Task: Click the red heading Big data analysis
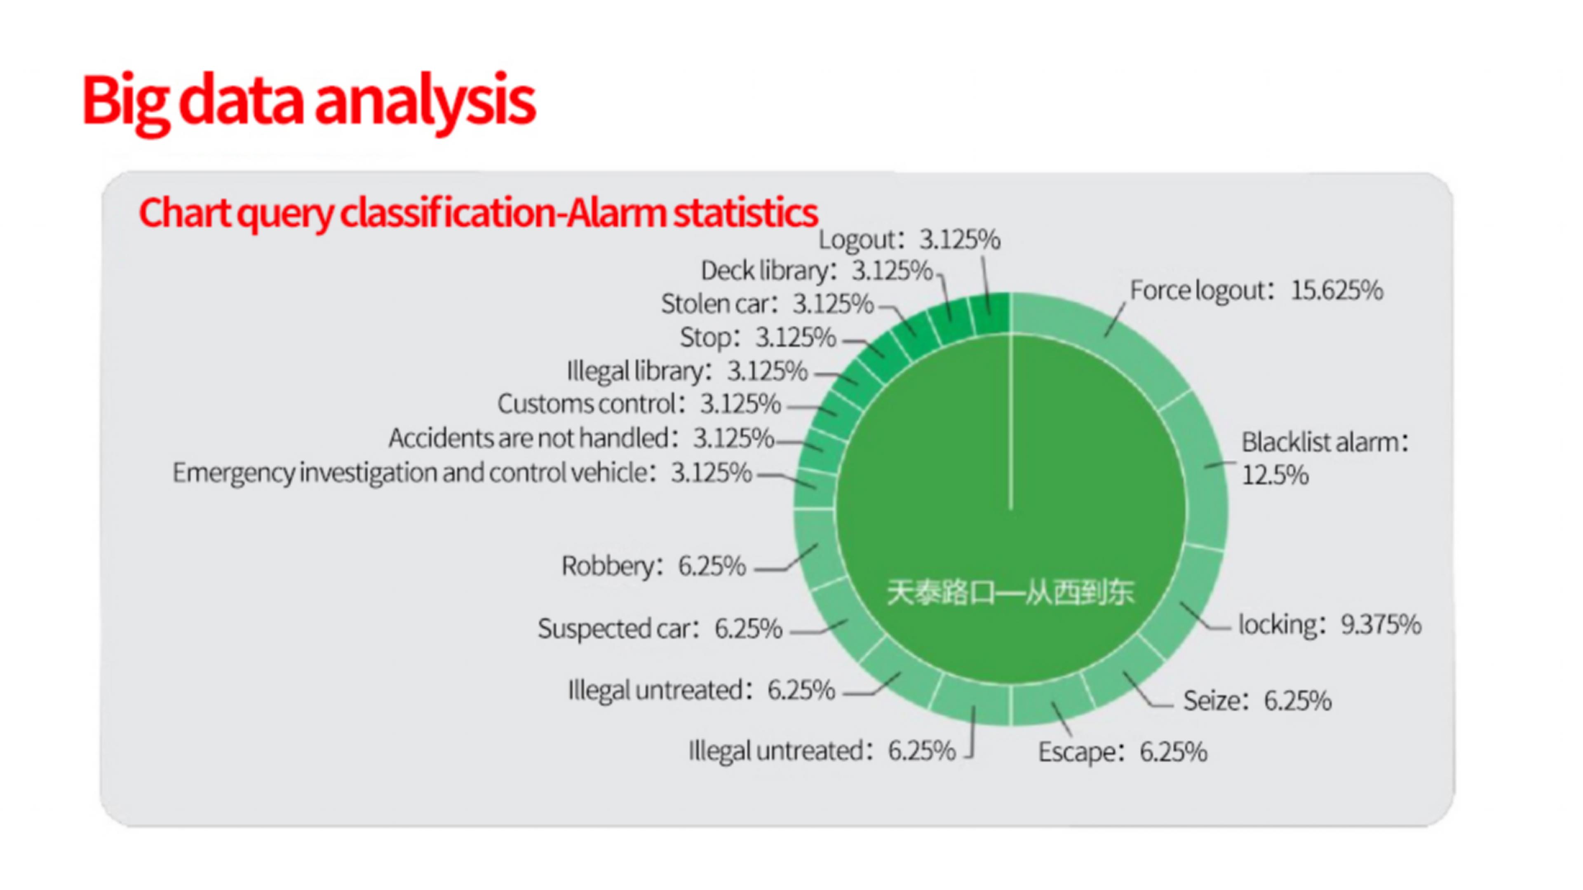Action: (x=308, y=101)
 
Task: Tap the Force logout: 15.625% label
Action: (x=1257, y=290)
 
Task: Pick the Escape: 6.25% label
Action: (x=1123, y=752)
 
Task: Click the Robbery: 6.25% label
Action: (x=654, y=566)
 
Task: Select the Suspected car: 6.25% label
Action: (x=660, y=629)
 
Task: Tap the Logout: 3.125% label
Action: (x=909, y=239)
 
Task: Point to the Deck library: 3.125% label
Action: (x=817, y=271)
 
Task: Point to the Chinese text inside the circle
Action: (x=1010, y=593)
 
